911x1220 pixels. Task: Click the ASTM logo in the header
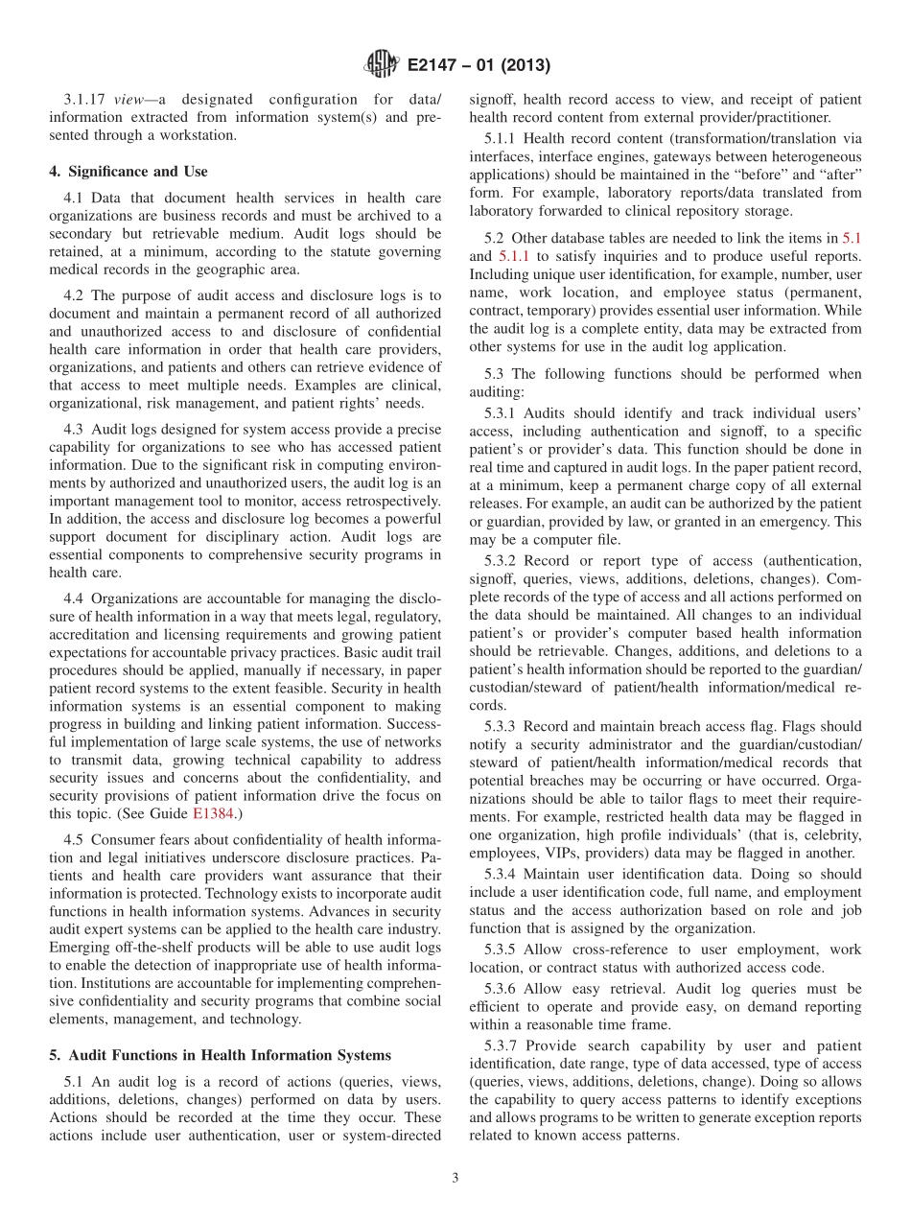tap(382, 65)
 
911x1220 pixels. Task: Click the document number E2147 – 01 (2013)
tap(479, 66)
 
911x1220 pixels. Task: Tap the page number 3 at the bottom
tap(455, 1179)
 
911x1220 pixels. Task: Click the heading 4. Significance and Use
tap(128, 172)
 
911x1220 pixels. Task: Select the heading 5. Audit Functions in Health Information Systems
tap(220, 1055)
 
